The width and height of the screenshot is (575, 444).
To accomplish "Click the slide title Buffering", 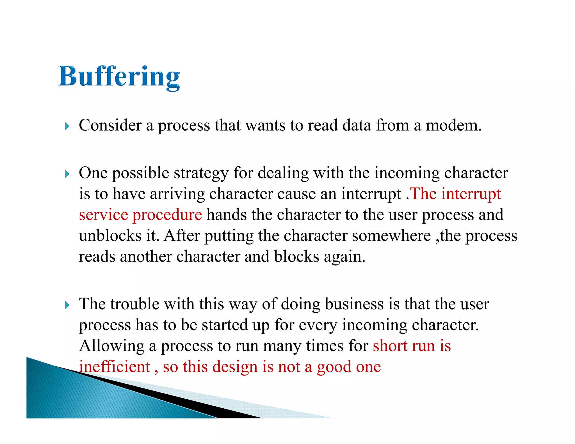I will coord(119,76).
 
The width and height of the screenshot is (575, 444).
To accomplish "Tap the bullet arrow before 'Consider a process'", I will coord(67,126).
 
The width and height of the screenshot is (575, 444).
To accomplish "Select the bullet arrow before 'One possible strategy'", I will coord(67,174).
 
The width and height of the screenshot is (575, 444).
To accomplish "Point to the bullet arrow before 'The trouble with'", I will coord(67,305).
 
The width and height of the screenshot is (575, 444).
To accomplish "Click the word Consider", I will coord(110,125).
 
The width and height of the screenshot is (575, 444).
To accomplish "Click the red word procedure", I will coord(167,215).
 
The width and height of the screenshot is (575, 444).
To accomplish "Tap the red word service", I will coord(103,215).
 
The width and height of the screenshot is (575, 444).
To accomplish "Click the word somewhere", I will coord(391,235).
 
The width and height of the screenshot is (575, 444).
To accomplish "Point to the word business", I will coord(354,304).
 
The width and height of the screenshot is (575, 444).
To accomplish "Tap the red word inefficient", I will coord(115,367).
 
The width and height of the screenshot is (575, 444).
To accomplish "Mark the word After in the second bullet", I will coord(182,235).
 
